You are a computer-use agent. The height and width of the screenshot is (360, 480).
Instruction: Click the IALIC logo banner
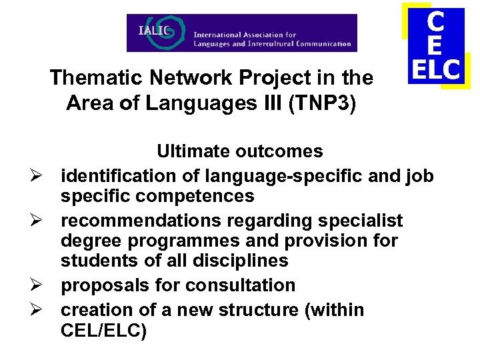[242, 33]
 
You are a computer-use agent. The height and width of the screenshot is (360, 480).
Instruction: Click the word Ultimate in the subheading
[194, 151]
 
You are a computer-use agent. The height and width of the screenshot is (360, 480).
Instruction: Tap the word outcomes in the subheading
[279, 151]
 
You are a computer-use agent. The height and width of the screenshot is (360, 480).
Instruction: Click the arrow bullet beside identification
[38, 176]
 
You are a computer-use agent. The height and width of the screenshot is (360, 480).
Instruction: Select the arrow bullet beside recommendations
[38, 220]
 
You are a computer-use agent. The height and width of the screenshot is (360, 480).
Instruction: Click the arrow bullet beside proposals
[38, 285]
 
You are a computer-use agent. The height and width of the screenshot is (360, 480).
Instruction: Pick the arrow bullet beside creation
[38, 310]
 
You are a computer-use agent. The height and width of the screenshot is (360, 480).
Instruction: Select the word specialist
[355, 220]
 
